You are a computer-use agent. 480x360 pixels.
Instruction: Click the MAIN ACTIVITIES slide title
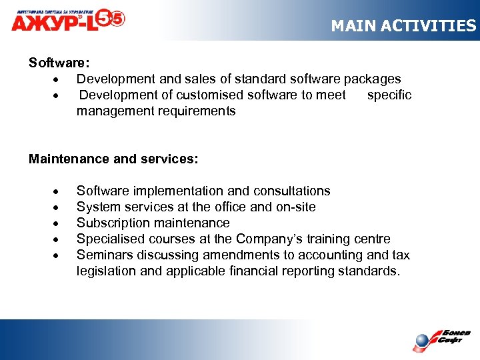coord(403,26)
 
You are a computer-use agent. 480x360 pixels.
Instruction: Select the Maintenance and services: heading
coord(113,159)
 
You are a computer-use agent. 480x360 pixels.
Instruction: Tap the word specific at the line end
coord(389,95)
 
